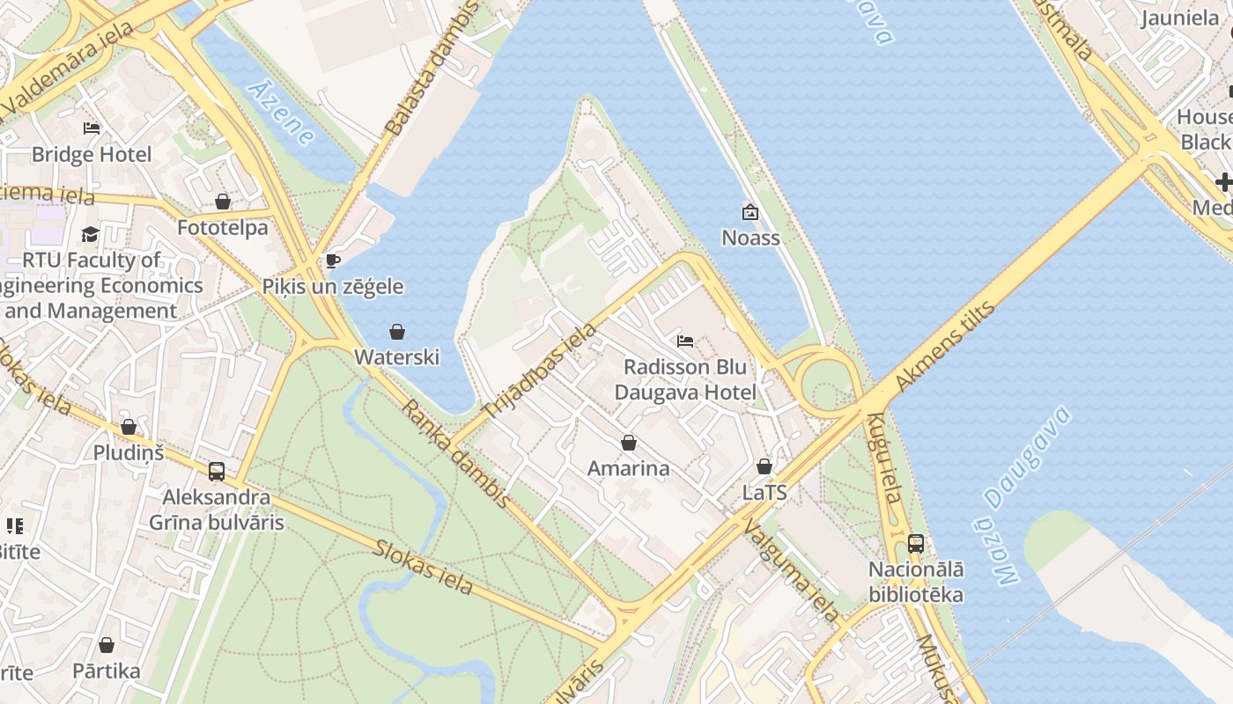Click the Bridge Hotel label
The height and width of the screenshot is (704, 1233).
click(92, 155)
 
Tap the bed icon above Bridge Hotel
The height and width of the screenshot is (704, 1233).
click(92, 128)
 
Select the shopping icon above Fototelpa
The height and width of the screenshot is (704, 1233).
click(223, 202)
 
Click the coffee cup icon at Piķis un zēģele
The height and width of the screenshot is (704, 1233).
click(333, 260)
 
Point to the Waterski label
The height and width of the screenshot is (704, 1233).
click(396, 357)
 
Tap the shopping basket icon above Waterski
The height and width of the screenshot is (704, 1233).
click(397, 332)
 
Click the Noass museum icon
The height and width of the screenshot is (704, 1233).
click(750, 212)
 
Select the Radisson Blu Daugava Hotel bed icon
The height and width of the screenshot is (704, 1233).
click(685, 341)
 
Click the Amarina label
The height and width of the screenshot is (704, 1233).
click(628, 468)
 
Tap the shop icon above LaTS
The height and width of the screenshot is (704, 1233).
click(764, 466)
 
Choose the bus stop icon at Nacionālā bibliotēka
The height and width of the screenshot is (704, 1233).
click(916, 544)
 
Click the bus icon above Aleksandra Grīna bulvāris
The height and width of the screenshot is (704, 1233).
click(217, 472)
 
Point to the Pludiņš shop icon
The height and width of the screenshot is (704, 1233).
click(129, 428)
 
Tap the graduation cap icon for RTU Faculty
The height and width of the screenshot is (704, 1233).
click(91, 234)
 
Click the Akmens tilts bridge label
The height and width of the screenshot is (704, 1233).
click(944, 346)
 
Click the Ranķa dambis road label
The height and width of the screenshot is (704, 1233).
click(455, 454)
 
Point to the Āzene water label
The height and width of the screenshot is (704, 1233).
click(282, 113)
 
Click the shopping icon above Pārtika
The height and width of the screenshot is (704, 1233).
click(107, 646)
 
